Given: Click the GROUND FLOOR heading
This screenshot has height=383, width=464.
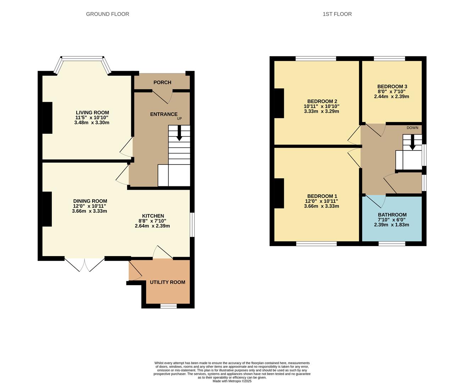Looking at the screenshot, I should click(x=107, y=14).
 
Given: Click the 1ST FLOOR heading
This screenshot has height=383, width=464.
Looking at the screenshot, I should click(x=337, y=14).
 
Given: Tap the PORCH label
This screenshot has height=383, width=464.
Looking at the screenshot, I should click(x=162, y=82).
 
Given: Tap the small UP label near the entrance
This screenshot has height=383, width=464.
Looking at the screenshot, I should click(x=179, y=119).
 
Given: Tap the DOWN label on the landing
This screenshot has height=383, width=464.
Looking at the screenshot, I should click(x=412, y=128).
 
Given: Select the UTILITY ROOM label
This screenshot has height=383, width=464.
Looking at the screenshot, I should click(x=167, y=282).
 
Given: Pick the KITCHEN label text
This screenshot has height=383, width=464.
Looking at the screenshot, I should click(x=153, y=216).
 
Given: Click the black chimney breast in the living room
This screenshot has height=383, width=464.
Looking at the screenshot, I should click(x=48, y=118).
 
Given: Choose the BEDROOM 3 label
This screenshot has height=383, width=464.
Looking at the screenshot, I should click(x=392, y=87).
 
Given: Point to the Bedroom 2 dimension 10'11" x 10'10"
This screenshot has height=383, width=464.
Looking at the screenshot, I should click(x=321, y=106).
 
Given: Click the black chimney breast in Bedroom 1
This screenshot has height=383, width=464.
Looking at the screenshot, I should click(x=279, y=193).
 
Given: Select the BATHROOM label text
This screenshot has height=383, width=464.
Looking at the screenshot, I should click(x=392, y=215).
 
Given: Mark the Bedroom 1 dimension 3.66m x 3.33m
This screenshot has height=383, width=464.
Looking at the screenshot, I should click(x=321, y=206).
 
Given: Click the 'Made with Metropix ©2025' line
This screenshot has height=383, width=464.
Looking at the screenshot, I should click(x=232, y=381).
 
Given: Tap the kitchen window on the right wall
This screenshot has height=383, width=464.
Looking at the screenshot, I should click(x=192, y=225).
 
